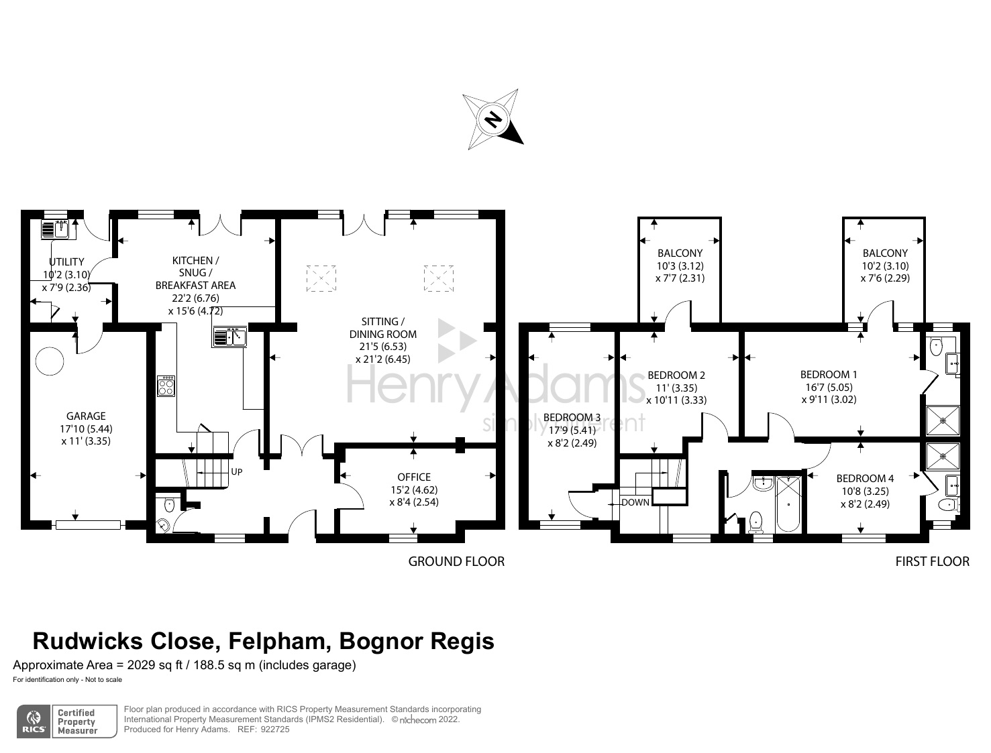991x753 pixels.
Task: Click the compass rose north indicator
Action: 493,119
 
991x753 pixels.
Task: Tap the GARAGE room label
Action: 86,416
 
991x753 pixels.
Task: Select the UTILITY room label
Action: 67,262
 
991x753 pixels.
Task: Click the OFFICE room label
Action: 414,477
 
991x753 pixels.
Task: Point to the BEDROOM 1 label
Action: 829,374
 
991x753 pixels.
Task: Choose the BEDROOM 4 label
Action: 865,478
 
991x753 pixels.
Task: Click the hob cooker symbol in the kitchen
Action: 166,386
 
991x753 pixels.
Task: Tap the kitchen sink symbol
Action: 229,335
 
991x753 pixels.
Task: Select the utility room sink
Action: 55,229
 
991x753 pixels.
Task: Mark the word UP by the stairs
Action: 236,472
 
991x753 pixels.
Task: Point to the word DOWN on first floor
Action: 635,502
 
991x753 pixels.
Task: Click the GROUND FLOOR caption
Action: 456,561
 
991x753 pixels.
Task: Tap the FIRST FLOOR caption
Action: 932,561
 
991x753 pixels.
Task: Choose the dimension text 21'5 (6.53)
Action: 383,347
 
